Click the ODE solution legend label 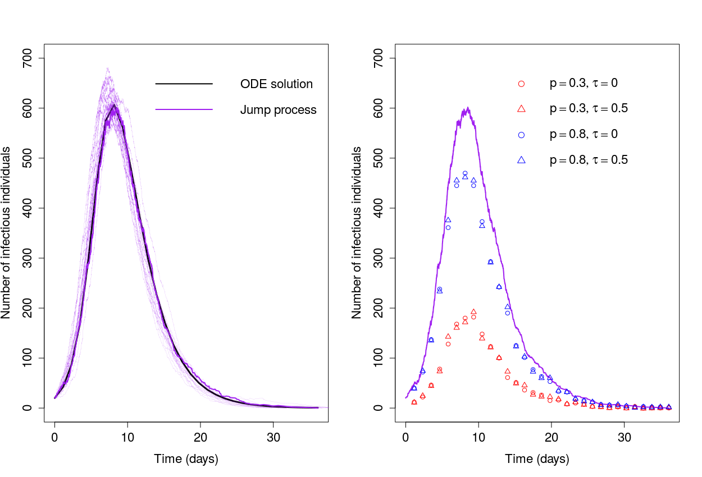point(276,84)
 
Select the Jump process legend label point(278,110)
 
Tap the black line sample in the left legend point(184,84)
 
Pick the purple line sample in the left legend point(184,110)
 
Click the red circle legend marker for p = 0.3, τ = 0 point(521,84)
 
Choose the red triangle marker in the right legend point(521,109)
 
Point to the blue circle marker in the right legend point(521,135)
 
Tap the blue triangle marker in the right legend point(521,160)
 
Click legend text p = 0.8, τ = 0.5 point(589,160)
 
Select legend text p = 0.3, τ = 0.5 point(589,109)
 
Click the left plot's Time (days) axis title point(186,459)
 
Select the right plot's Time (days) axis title point(537,459)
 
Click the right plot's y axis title point(357,233)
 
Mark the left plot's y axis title point(6,233)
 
